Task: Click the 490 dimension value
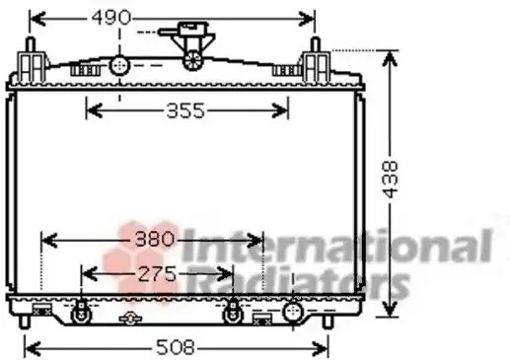tap(111, 18)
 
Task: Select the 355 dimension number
tap(185, 110)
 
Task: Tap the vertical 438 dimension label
tap(391, 180)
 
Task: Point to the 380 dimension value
tap(154, 239)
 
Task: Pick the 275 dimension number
tap(157, 274)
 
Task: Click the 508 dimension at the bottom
tap(176, 347)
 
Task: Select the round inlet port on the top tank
tap(119, 66)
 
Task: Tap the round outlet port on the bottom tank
tap(293, 312)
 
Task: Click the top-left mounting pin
tap(31, 45)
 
